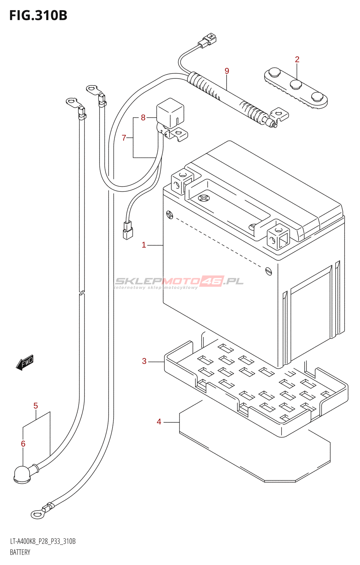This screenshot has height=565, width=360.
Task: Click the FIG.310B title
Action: click(38, 16)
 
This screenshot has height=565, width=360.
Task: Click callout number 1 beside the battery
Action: click(144, 245)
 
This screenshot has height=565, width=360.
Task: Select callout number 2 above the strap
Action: click(297, 59)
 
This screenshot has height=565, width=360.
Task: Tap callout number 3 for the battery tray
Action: click(144, 361)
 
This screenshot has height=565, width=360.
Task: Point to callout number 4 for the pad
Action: click(159, 422)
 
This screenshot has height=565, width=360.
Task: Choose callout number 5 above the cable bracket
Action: click(36, 406)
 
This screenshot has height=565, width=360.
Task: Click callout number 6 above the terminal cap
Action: click(23, 444)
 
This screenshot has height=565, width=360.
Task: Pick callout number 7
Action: click(124, 138)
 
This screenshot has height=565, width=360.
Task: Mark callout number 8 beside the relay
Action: click(143, 117)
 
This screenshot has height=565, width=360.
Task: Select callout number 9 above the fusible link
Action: click(227, 71)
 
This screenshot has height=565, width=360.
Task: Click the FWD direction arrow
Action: click(25, 363)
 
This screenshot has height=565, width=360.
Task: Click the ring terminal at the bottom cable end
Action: click(37, 515)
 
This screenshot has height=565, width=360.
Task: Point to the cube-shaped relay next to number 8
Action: click(170, 112)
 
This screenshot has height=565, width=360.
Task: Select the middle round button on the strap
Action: click(295, 84)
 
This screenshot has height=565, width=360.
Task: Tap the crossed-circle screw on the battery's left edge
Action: click(170, 214)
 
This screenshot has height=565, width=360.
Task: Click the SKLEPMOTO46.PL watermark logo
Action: click(179, 281)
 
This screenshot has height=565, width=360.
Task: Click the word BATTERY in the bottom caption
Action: click(20, 552)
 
